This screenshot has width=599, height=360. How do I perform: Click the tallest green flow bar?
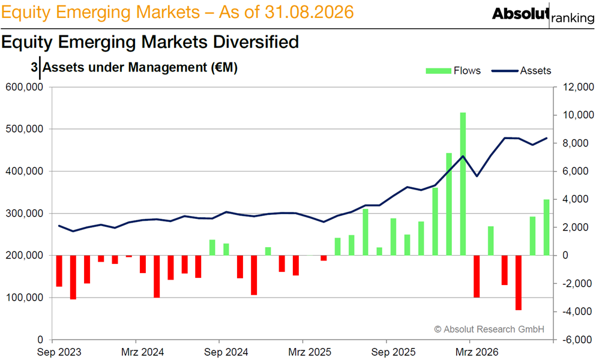tap(463, 184)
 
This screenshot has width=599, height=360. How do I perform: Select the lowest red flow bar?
tap(519, 283)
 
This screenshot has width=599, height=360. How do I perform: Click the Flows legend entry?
tap(453, 71)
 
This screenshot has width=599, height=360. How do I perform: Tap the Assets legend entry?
tap(521, 71)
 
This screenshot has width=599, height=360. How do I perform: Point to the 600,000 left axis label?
tap(24, 87)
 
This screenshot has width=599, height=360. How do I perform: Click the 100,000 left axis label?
tap(24, 298)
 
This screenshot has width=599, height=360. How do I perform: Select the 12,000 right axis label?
tap(579, 87)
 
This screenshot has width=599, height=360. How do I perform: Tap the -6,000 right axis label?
tap(577, 340)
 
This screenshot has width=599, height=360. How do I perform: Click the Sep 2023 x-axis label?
tap(59, 352)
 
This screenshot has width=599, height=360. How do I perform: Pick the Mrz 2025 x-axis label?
tap(310, 352)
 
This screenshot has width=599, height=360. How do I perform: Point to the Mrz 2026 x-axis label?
tap(477, 352)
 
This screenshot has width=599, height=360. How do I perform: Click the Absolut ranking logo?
tap(543, 15)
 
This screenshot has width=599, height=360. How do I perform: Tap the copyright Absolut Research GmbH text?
tap(489, 329)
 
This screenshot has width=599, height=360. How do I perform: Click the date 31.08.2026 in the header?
tap(310, 12)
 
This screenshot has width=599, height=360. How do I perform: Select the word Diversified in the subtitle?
tap(256, 42)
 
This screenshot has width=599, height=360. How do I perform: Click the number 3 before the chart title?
tap(34, 67)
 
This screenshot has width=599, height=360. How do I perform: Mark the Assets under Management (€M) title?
tap(140, 68)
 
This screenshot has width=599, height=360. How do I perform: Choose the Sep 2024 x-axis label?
tap(226, 352)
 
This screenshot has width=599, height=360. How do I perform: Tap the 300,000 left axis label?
tap(24, 214)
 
